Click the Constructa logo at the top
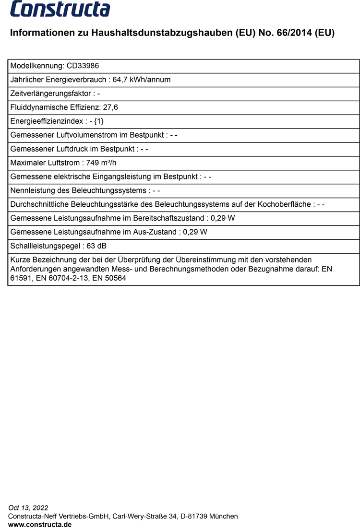(x=60, y=9)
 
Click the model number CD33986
(x=83, y=66)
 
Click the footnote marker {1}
(x=98, y=121)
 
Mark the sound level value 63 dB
(x=96, y=247)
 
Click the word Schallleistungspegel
(x=45, y=247)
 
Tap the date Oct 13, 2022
(x=28, y=507)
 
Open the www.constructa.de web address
(x=40, y=525)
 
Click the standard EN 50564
(x=109, y=278)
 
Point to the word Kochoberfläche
(x=284, y=204)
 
